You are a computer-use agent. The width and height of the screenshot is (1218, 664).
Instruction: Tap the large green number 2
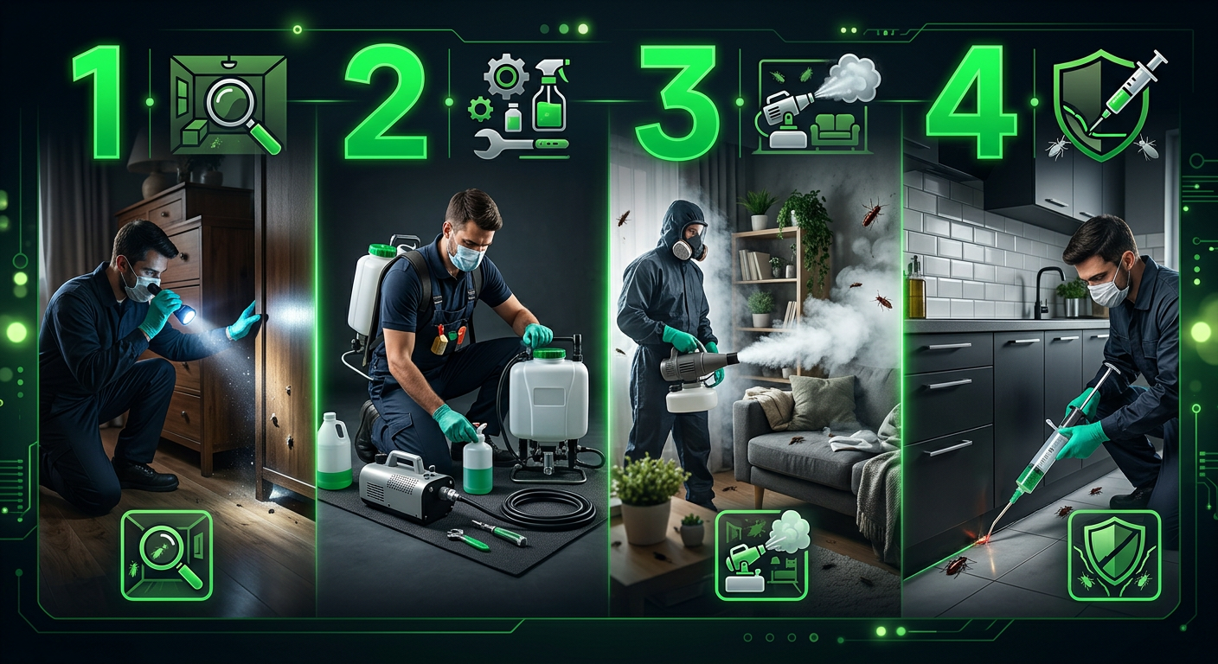pyautogui.click(x=385, y=102)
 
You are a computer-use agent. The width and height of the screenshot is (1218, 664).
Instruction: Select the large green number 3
pyautogui.click(x=678, y=102)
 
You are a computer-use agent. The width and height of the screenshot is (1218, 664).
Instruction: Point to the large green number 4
pyautogui.click(x=971, y=102)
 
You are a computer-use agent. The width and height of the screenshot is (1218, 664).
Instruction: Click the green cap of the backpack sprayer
pyautogui.click(x=381, y=251)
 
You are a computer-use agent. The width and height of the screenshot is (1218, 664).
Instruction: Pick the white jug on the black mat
pyautogui.click(x=334, y=451)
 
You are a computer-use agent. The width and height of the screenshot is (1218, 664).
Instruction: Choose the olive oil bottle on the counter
pyautogui.click(x=916, y=288)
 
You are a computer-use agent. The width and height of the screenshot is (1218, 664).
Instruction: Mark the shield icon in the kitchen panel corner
pyautogui.click(x=1115, y=554)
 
